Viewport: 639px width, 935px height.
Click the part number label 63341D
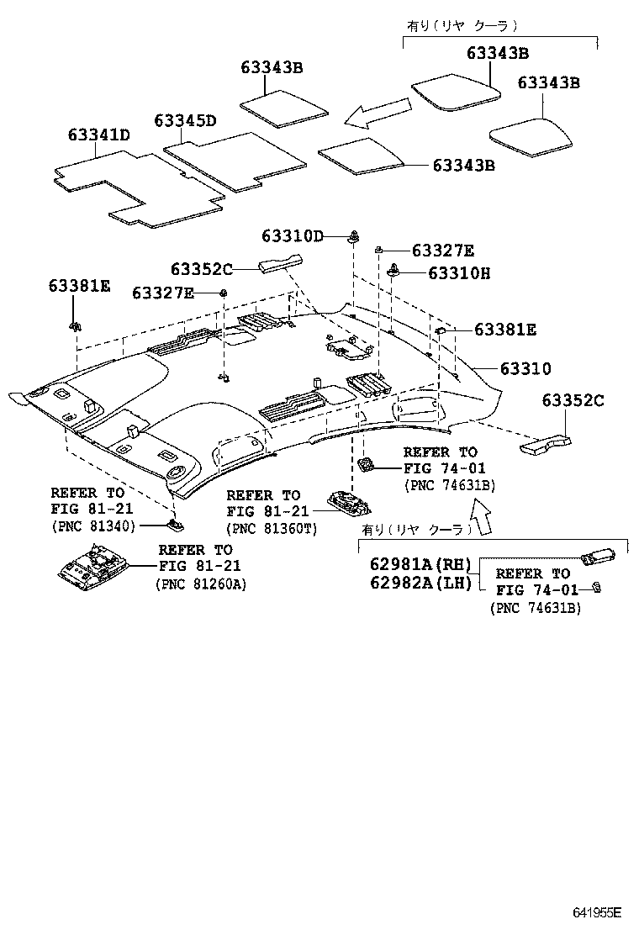[98, 135]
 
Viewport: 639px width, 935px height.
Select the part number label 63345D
[185, 120]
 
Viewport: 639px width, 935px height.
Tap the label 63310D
[292, 236]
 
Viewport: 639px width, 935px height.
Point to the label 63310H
[459, 272]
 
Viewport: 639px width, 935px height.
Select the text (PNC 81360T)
[272, 527]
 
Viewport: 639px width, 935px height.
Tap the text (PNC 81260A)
[201, 583]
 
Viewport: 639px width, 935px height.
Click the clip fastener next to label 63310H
[393, 271]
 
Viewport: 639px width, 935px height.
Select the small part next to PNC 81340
[174, 525]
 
